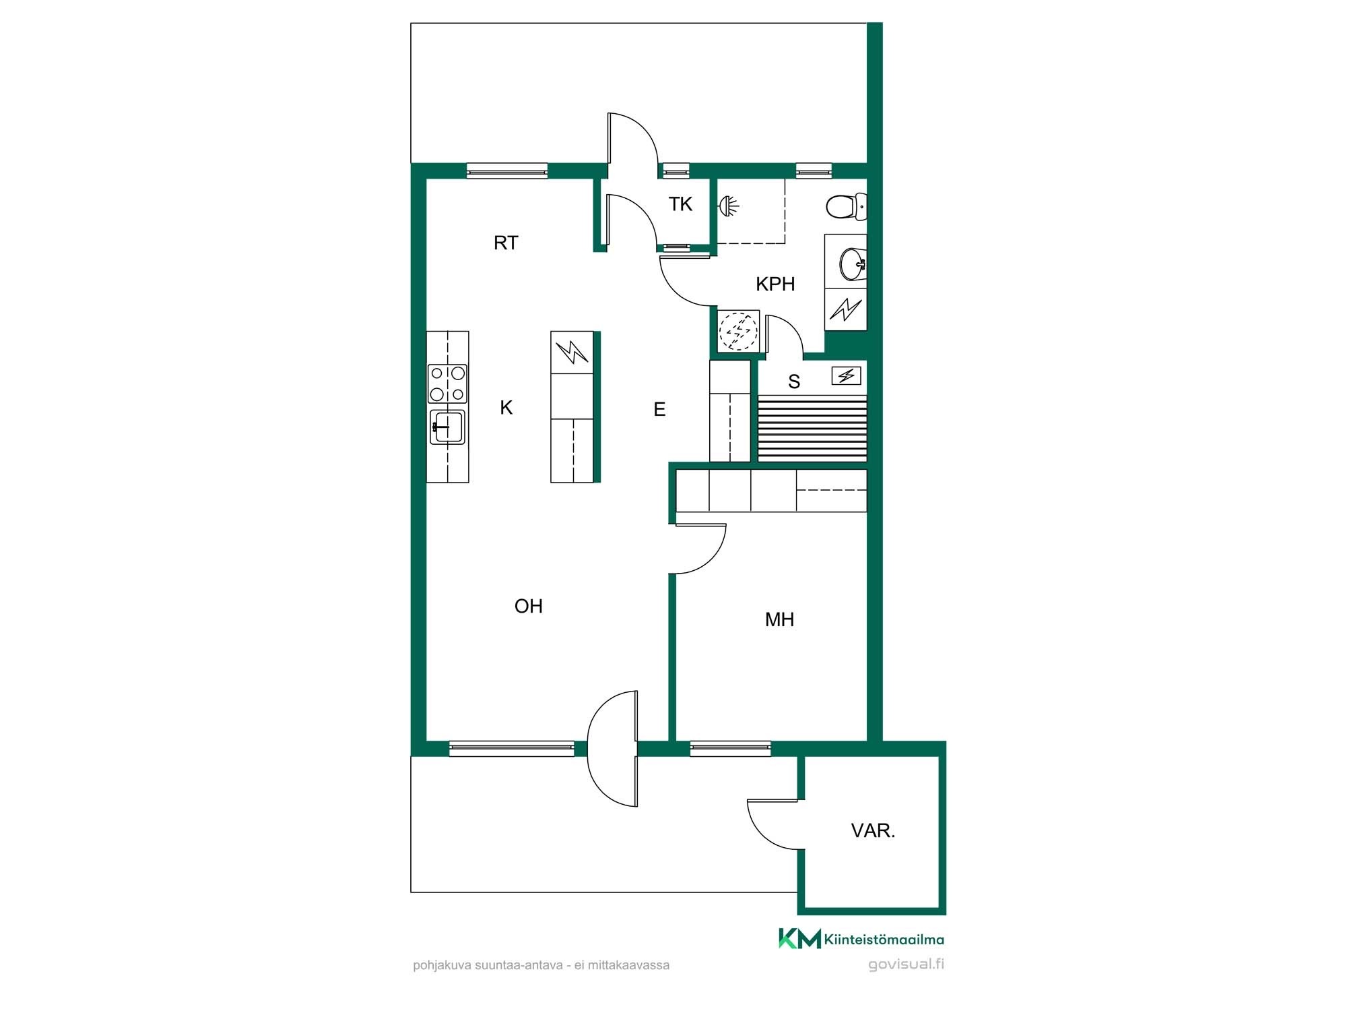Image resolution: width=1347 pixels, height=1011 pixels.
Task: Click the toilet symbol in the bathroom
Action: coord(846,207)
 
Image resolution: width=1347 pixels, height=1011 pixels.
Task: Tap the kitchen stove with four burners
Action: coord(447,383)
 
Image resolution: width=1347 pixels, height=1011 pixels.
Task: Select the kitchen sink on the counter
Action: coord(447,427)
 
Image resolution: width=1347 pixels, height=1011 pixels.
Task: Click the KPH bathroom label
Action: coord(775,284)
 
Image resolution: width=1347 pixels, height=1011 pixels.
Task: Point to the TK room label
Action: coord(680,204)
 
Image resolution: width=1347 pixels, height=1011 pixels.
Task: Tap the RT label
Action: coord(506,243)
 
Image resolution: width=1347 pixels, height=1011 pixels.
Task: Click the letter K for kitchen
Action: coord(506,407)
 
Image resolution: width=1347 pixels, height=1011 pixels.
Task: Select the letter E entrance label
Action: coord(659,409)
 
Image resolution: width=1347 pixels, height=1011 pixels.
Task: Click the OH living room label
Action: coord(529,606)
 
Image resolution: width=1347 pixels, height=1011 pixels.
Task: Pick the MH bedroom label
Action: coord(779,619)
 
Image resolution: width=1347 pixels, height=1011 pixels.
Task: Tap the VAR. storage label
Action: coord(873,830)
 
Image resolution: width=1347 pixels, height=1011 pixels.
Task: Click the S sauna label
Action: coord(794,381)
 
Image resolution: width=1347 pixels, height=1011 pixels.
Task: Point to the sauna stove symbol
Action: coord(847,375)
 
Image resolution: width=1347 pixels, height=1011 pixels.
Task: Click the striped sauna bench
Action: coord(812,429)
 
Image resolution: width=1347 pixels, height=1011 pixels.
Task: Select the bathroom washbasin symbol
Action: coord(853,264)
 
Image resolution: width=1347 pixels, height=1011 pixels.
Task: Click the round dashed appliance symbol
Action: coord(739,331)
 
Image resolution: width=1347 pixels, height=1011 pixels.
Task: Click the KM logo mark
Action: coord(800,938)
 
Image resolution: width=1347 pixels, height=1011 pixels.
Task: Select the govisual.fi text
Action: coord(906,964)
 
